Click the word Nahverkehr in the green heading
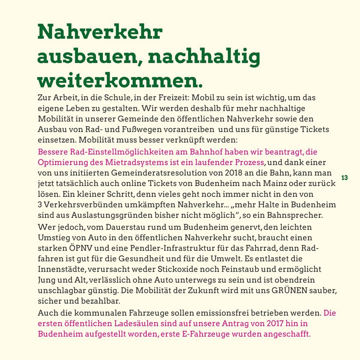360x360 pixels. [x=100, y=32]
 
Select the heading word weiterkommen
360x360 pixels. [x=120, y=80]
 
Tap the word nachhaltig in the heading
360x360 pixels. [x=204, y=57]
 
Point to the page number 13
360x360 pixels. [x=344, y=178]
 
